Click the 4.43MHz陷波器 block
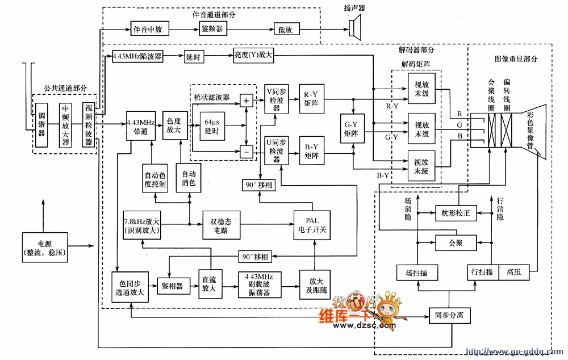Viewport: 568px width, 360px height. coord(137,57)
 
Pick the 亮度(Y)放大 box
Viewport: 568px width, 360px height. coord(253,57)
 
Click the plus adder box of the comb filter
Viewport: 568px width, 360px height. coord(246,101)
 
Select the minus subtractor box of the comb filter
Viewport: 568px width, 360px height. coord(246,152)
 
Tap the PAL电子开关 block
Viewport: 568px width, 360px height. coord(312,223)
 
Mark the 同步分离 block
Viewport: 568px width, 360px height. coord(449,315)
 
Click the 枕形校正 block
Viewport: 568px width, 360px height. coord(456,213)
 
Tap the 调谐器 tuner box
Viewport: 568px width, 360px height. coord(41,125)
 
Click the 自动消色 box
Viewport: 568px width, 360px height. coord(189,178)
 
